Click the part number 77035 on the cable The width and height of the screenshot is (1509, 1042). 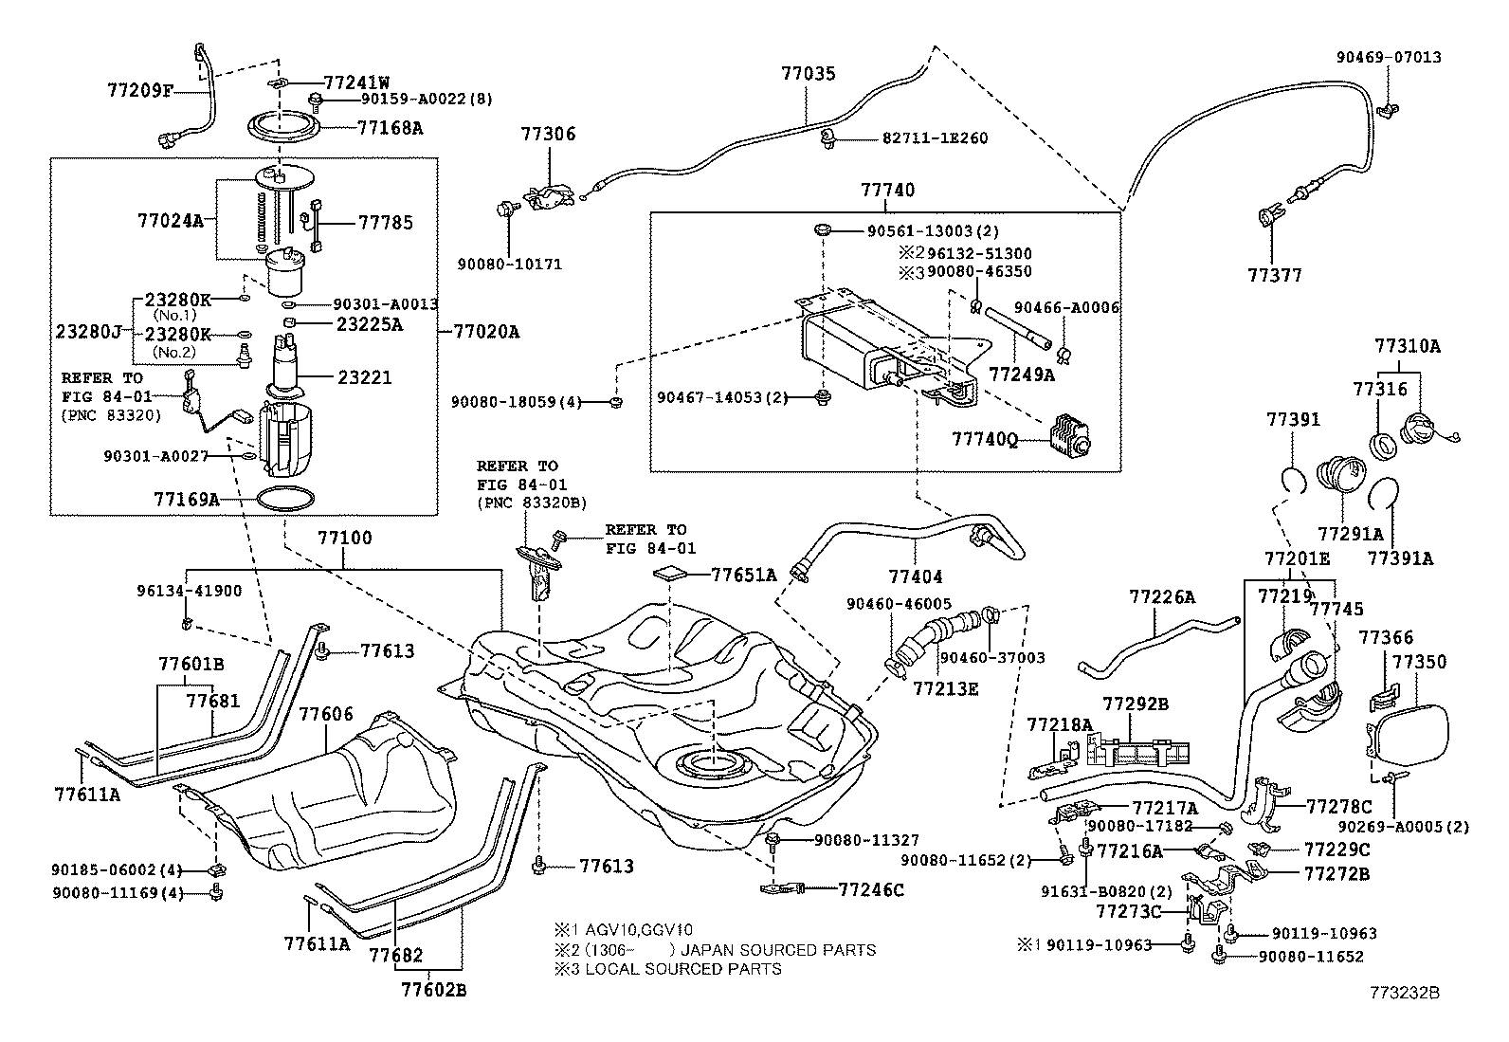tap(809, 73)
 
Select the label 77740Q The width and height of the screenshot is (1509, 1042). tap(985, 441)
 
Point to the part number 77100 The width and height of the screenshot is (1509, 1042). tap(344, 539)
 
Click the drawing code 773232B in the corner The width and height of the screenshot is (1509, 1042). tap(1404, 994)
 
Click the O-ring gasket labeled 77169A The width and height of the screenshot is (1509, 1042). tap(282, 499)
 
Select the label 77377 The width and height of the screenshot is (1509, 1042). tap(1275, 275)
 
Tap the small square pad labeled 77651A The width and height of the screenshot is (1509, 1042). tap(670, 574)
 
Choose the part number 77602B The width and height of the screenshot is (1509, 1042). tap(433, 992)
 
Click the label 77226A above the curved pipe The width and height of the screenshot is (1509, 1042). tap(1161, 597)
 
